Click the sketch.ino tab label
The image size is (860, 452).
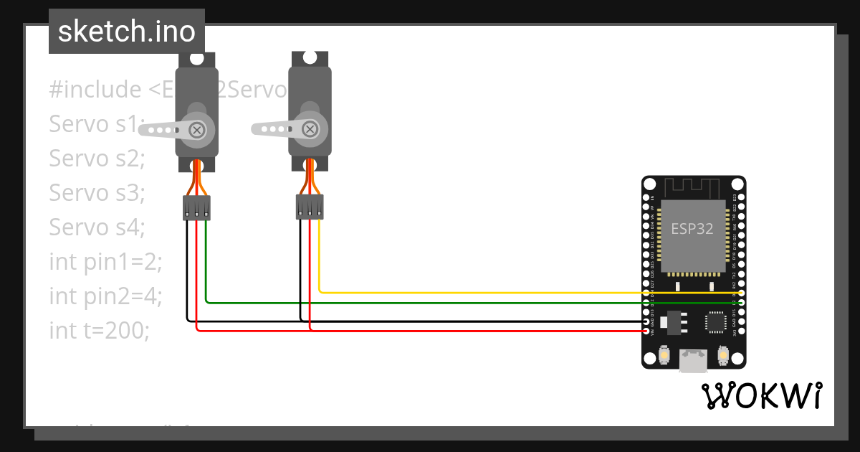click(127, 32)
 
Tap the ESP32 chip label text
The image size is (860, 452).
click(692, 229)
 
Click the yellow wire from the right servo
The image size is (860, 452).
click(502, 293)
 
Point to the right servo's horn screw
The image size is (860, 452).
click(310, 129)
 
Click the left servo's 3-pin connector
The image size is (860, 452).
click(196, 208)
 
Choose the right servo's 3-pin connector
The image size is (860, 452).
click(310, 208)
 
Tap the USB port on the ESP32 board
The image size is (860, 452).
click(693, 361)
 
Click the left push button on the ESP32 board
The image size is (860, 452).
click(664, 355)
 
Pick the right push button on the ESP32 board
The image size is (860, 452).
click(722, 355)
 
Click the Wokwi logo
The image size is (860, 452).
click(761, 395)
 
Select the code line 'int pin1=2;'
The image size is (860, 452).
click(106, 262)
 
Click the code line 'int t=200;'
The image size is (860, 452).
click(99, 331)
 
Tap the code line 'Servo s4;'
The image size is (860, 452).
click(97, 227)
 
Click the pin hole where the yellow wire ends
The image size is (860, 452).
click(741, 293)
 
